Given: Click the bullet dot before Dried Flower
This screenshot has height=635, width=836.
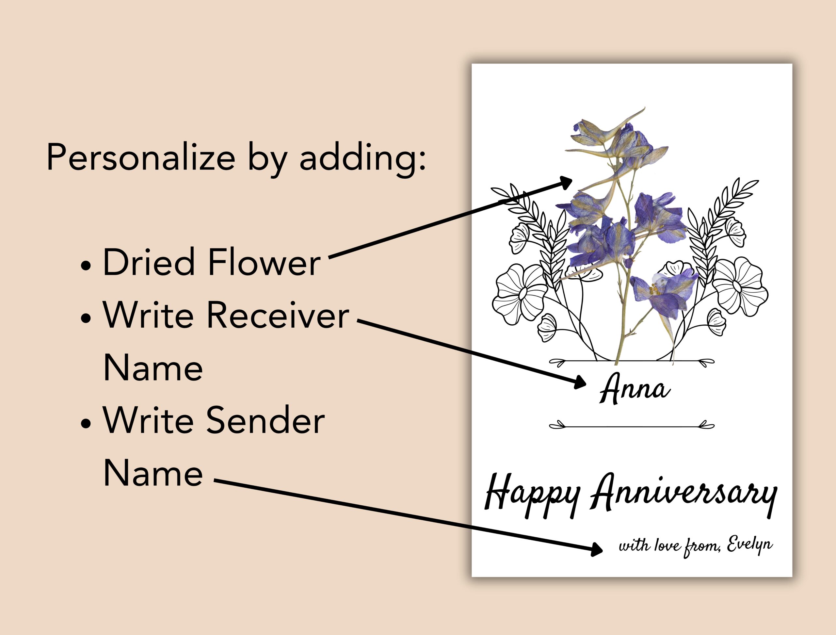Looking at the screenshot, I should point(86,266).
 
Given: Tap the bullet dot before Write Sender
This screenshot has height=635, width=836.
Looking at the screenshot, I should point(86,424).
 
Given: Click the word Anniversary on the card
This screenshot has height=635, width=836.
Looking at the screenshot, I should point(684,493).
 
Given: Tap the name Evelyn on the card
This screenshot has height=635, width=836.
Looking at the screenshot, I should point(749,545).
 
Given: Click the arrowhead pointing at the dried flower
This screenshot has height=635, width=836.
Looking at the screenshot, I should point(566,183).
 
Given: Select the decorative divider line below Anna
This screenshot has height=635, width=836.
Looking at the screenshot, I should point(632,426).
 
